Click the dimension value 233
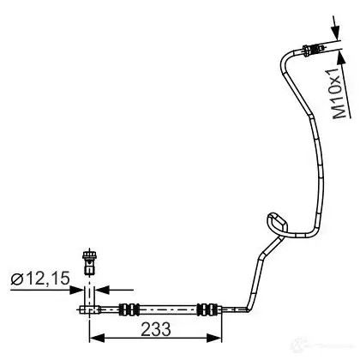[156, 329]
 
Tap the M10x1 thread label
[340, 93]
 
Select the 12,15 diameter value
[48, 279]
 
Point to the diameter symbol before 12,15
[17, 279]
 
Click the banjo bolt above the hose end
[89, 262]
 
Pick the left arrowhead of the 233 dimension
[98, 338]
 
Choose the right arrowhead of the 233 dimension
[214, 338]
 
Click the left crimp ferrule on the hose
[129, 309]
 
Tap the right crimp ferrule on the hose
[207, 309]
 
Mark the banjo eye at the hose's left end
[89, 309]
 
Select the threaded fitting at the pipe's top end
[314, 50]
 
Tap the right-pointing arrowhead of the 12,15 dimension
[75, 290]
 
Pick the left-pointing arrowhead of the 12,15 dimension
[103, 290]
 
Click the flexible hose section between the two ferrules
[169, 309]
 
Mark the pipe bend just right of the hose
[248, 308]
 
